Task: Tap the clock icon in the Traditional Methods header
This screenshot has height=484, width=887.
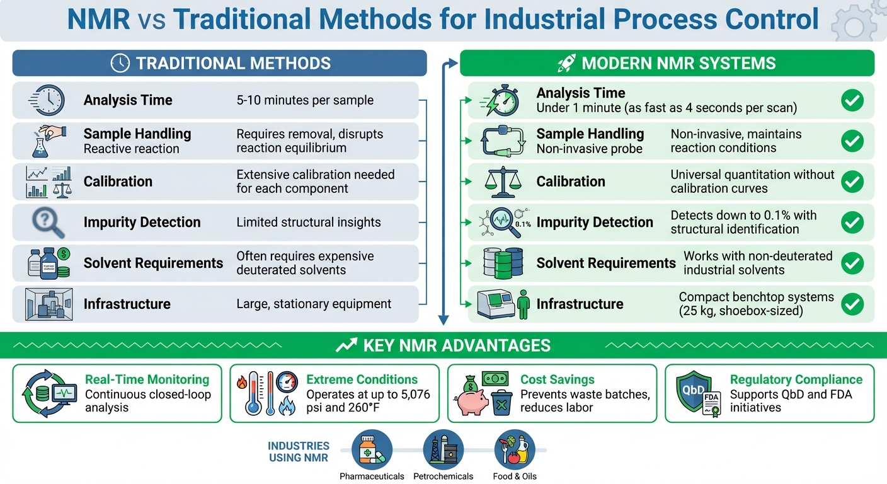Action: tap(120, 63)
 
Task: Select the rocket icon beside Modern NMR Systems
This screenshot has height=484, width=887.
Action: tap(566, 63)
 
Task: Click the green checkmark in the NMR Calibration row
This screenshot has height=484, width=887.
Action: tap(852, 181)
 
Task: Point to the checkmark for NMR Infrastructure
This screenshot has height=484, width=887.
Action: tap(852, 304)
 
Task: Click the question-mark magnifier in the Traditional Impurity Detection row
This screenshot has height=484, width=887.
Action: tap(48, 222)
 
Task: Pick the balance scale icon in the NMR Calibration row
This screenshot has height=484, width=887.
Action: tap(502, 181)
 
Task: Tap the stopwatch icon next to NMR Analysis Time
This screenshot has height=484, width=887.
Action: tap(501, 100)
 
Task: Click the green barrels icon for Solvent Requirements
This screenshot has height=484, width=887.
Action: tap(502, 263)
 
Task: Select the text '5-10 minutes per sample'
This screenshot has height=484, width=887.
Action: tap(305, 100)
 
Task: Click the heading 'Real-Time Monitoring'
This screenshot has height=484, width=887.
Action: tap(147, 379)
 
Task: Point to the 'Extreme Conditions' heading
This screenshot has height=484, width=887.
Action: tap(362, 379)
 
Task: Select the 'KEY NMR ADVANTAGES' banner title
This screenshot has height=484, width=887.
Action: tap(457, 345)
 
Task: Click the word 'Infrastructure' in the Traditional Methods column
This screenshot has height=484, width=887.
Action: tap(127, 304)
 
